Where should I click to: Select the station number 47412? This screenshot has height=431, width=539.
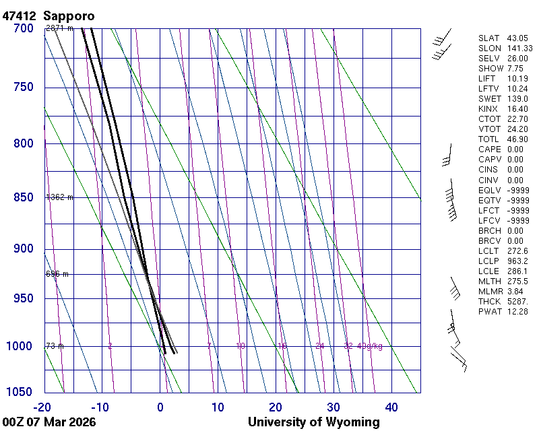20,15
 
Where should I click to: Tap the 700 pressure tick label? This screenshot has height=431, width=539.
23,28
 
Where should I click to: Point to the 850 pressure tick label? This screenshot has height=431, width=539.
23,197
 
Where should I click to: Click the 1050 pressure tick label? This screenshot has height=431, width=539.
20,393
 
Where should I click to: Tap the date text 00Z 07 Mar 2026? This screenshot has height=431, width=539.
49,422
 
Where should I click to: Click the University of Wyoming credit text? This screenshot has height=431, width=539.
313,422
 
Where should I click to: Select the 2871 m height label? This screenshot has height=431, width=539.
59,28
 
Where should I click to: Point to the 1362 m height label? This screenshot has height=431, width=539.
59,197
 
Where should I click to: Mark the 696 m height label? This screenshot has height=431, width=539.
57,274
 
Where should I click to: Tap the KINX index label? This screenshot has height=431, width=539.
488,109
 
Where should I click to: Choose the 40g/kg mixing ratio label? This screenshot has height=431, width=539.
370,346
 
